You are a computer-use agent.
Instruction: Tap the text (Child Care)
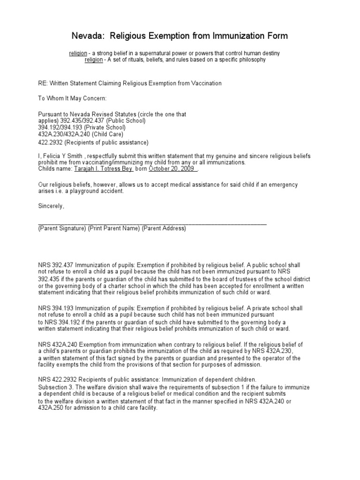102,134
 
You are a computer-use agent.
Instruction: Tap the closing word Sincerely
51,206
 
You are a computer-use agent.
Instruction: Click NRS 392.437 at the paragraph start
55,264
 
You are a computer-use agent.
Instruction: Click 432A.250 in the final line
51,408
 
